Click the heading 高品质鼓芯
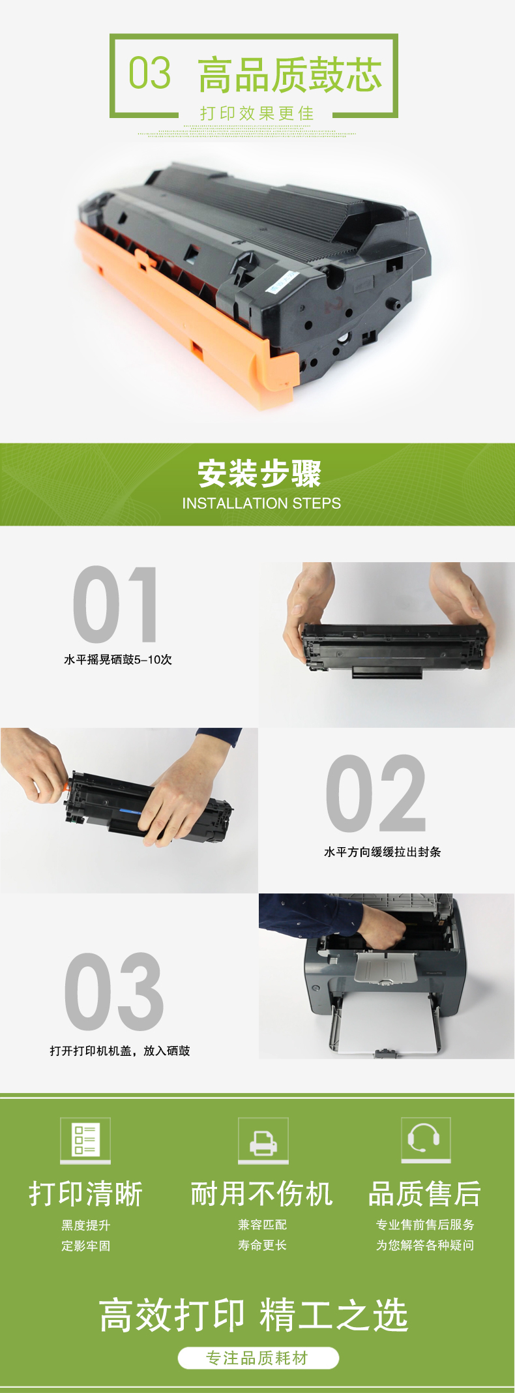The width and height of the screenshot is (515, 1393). [290, 74]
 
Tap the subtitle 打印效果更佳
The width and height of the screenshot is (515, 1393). [257, 113]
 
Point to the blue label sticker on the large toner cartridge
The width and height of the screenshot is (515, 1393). [282, 281]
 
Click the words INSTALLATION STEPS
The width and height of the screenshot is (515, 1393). [261, 503]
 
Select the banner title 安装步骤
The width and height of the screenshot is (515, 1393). [259, 473]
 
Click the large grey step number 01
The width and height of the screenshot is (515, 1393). [115, 605]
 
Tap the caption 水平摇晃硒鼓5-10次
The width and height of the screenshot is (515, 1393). [118, 659]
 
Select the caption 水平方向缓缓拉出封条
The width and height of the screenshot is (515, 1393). [383, 852]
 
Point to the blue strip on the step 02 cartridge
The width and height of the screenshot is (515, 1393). [130, 812]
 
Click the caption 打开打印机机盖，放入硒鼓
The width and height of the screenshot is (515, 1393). [120, 1051]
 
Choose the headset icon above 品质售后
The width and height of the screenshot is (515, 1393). [426, 1140]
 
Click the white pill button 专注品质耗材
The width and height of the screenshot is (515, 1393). [258, 1358]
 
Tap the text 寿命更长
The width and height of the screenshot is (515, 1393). [263, 1245]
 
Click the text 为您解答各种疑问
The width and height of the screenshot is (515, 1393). [425, 1245]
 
